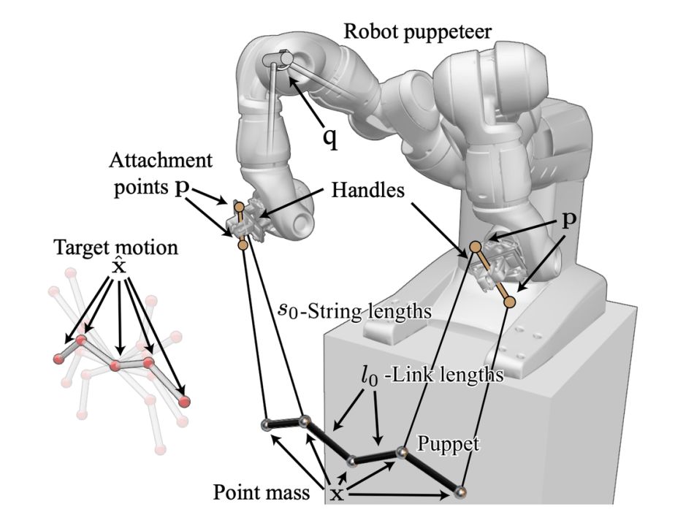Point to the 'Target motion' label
115,247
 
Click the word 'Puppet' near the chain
441,443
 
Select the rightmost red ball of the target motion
183,400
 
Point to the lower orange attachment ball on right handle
511,300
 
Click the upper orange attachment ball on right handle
475,246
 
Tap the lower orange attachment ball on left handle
243,245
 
